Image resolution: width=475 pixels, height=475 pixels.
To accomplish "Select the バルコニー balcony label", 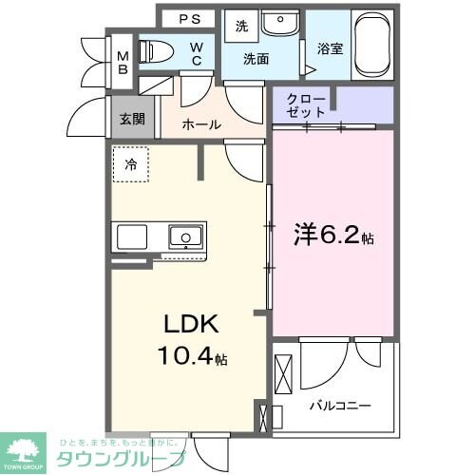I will (x=338, y=405).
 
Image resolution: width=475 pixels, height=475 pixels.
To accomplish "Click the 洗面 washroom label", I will (x=256, y=59).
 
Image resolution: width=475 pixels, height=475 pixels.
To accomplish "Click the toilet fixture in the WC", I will (x=154, y=51).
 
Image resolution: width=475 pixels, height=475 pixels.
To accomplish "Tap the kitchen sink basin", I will (x=183, y=236).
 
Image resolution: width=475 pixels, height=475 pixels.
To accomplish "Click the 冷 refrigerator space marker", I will (x=131, y=163).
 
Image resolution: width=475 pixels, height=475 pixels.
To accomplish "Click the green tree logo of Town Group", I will (x=26, y=446).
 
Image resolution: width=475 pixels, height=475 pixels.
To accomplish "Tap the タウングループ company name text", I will (x=119, y=457).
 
